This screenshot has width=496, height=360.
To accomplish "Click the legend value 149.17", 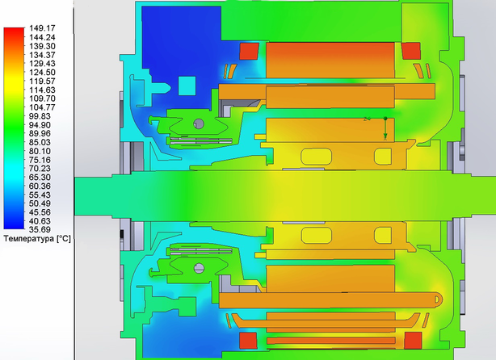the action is (42, 28).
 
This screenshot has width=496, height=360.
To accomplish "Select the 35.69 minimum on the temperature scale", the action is (40, 229).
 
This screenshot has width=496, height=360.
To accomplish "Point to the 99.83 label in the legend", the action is (40, 116).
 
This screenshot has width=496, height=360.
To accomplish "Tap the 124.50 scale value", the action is (42, 73).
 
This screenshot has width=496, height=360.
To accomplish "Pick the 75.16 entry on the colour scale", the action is (40, 160).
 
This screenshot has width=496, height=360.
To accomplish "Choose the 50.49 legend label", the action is (40, 203).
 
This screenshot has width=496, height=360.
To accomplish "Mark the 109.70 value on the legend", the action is (42, 98).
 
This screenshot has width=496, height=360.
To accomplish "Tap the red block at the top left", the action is (250, 51).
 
